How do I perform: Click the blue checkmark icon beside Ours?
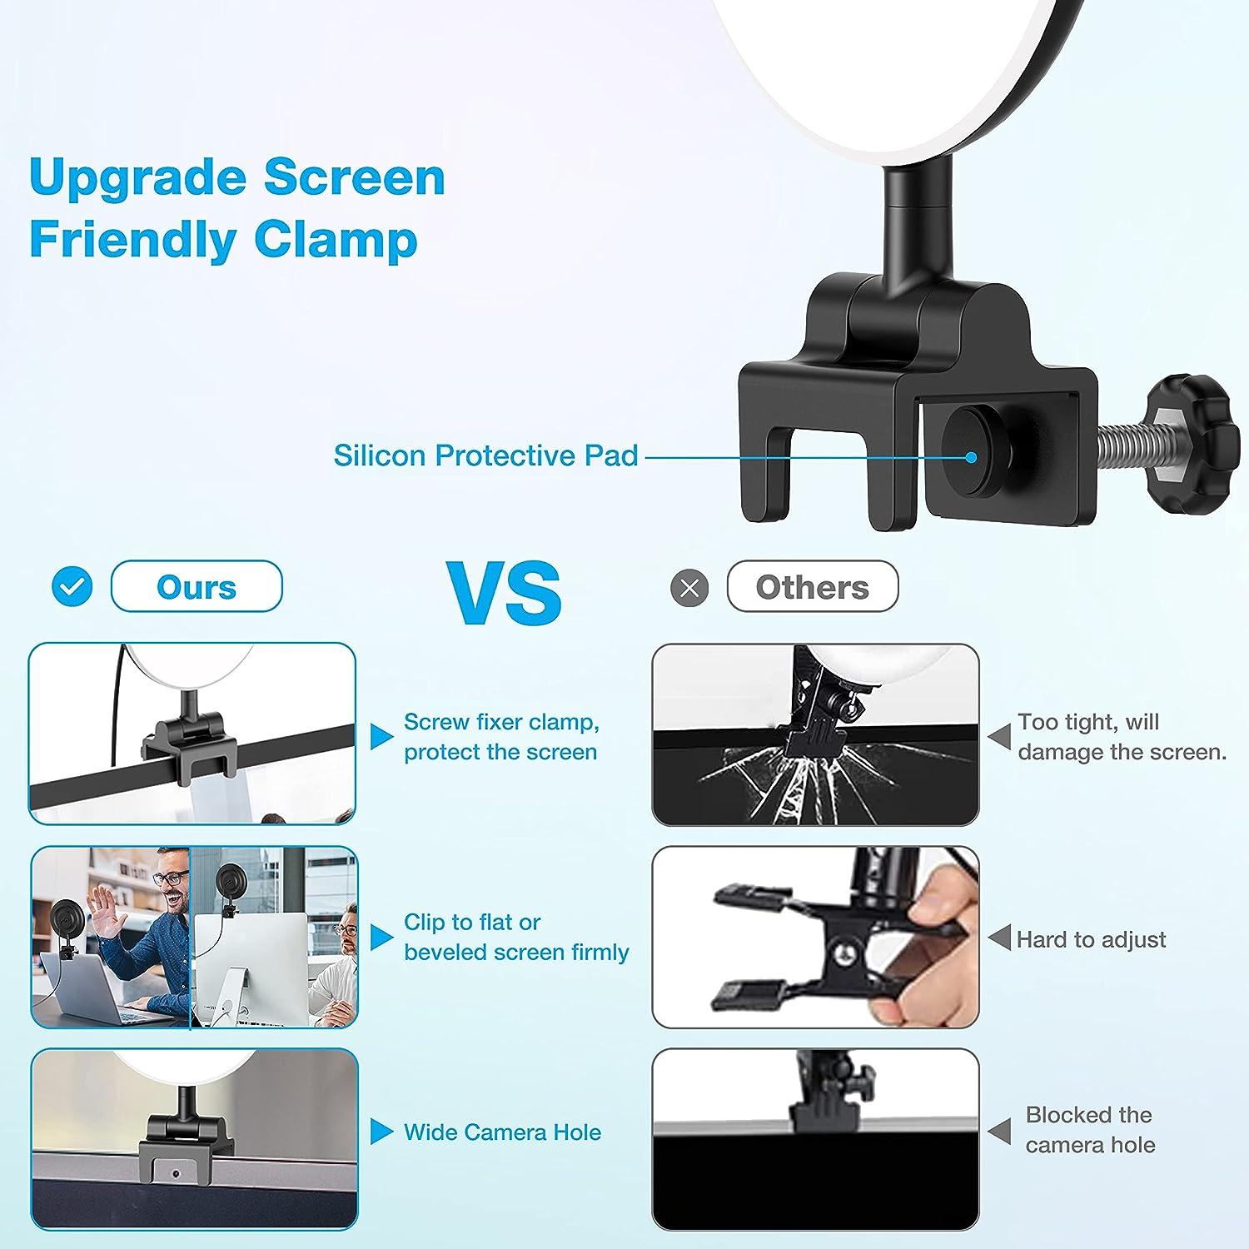click(72, 587)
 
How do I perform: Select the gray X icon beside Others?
click(689, 588)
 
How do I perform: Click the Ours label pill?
click(197, 587)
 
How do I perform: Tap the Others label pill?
click(812, 587)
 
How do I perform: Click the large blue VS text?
click(505, 592)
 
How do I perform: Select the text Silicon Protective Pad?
click(485, 455)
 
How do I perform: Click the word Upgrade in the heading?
click(137, 177)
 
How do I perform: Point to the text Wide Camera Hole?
click(502, 1132)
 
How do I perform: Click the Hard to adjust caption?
click(1091, 939)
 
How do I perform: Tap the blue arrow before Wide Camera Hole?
click(381, 1132)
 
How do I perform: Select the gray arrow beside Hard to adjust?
click(999, 938)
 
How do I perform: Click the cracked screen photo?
click(815, 735)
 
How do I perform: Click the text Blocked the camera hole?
click(1090, 1130)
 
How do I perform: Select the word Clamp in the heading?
click(335, 240)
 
